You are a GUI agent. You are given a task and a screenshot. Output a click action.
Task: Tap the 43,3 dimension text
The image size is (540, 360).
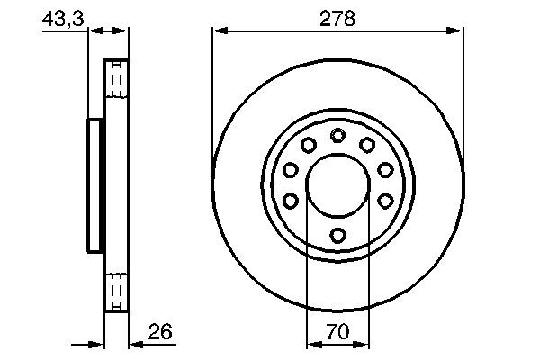pyautogui.click(x=60, y=18)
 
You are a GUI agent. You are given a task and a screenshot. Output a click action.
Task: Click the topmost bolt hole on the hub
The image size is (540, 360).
pyautogui.click(x=337, y=136)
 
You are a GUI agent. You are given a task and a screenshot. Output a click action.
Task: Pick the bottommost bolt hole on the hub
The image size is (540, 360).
pyautogui.click(x=337, y=235)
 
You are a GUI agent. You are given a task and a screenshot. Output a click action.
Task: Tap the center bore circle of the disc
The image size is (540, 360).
pyautogui.click(x=337, y=185)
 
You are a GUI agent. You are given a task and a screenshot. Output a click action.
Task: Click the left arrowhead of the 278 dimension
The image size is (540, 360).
pyautogui.click(x=219, y=31)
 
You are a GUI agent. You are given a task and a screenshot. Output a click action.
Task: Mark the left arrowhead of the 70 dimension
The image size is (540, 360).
pyautogui.click(x=312, y=344)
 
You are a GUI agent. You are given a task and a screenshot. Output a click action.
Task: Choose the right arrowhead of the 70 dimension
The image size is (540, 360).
pyautogui.click(x=363, y=344)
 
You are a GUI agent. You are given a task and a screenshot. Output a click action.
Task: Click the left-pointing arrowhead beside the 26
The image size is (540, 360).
pyautogui.click(x=135, y=344)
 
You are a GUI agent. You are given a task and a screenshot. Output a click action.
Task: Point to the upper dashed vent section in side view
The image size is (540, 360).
pyautogui.click(x=117, y=83)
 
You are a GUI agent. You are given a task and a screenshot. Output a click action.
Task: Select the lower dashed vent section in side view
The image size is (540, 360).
pyautogui.click(x=117, y=290)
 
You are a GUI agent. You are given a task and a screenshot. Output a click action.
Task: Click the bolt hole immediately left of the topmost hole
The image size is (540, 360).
pyautogui.click(x=308, y=146)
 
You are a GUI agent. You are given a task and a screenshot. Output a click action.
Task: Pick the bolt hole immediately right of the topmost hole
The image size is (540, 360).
pyautogui.click(x=367, y=146)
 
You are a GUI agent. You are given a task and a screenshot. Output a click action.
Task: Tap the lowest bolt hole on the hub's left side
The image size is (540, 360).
pyautogui.click(x=291, y=201)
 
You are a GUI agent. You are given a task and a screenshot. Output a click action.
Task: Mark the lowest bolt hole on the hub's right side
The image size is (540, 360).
pyautogui.click(x=384, y=201)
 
